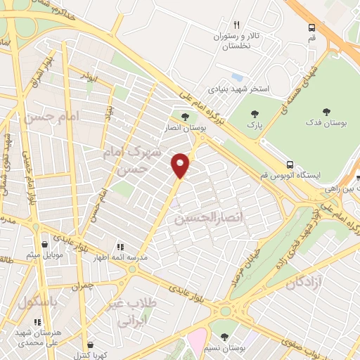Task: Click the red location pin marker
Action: coord(181,165)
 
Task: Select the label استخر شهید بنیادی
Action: coord(239,90)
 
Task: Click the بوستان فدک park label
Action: coord(326,124)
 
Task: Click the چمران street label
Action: coord(82,286)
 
